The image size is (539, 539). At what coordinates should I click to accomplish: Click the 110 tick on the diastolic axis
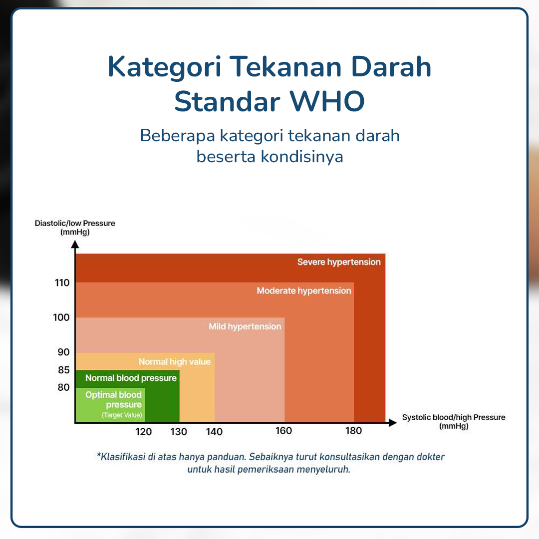pyautogui.click(x=62, y=283)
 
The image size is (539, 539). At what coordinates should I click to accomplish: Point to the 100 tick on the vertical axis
pyautogui.click(x=61, y=317)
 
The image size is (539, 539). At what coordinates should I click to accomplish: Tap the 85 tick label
pyautogui.click(x=63, y=370)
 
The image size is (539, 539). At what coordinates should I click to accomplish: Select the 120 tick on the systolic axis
pyautogui.click(x=144, y=432)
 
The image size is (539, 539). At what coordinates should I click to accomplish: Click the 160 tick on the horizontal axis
pyautogui.click(x=283, y=431)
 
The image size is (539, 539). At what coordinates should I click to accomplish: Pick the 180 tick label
pyautogui.click(x=354, y=431)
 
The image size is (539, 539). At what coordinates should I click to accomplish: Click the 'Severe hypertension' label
pyautogui.click(x=339, y=263)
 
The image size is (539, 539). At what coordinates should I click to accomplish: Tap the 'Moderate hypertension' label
pyautogui.click(x=304, y=291)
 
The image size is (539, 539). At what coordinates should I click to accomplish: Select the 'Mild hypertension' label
pyautogui.click(x=245, y=326)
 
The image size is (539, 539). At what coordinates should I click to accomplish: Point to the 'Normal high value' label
pyautogui.click(x=175, y=362)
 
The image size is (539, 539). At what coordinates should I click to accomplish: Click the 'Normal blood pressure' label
pyautogui.click(x=131, y=378)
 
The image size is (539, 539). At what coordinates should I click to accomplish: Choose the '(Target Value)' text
pyautogui.click(x=122, y=415)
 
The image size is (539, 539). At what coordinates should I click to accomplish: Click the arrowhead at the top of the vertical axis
pyautogui.click(x=75, y=245)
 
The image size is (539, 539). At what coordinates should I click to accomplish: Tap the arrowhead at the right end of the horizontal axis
pyautogui.click(x=393, y=423)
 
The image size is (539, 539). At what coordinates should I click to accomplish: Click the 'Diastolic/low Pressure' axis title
pyautogui.click(x=75, y=223)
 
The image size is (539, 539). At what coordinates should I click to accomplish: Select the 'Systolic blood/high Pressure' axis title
pyautogui.click(x=454, y=417)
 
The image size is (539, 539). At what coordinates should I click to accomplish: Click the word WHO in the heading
pyautogui.click(x=327, y=101)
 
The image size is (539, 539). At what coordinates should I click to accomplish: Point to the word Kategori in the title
pyautogui.click(x=164, y=67)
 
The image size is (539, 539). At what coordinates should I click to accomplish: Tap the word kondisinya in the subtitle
pyautogui.click(x=302, y=157)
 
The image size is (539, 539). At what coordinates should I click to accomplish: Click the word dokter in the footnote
pyautogui.click(x=431, y=457)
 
